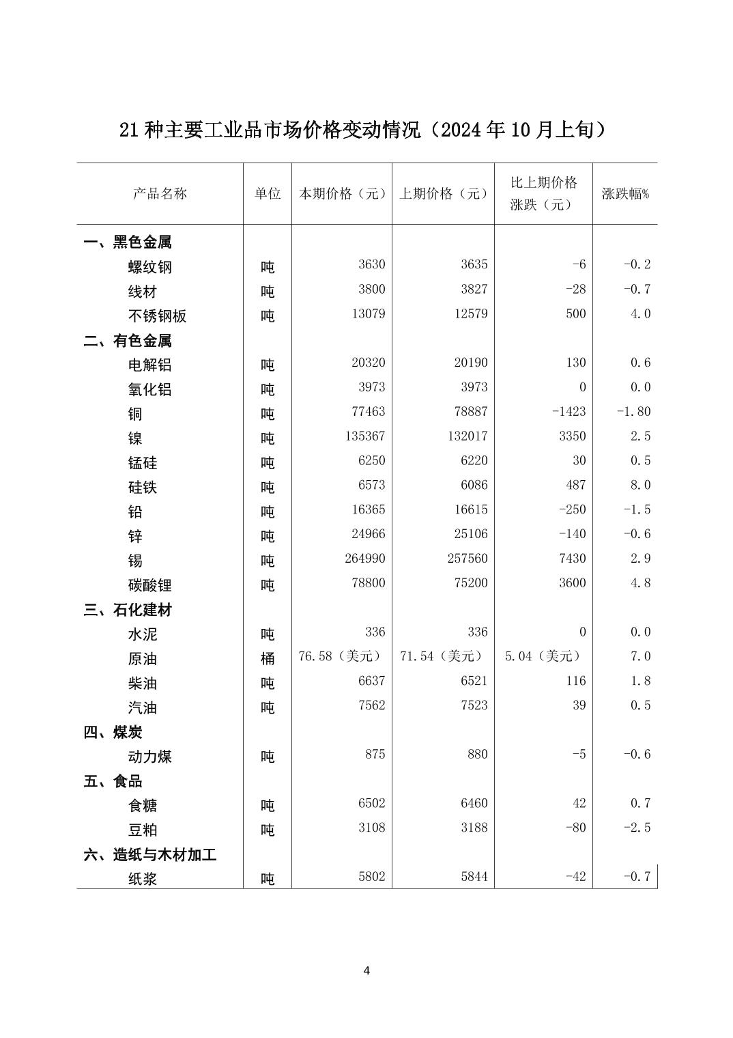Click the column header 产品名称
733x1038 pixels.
pyautogui.click(x=160, y=194)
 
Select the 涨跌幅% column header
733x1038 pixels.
pyautogui.click(x=625, y=194)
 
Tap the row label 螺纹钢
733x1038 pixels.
pyautogui.click(x=150, y=267)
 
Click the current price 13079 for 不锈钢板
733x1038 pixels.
pyautogui.click(x=368, y=314)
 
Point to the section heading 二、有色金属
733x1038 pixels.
pyautogui.click(x=128, y=341)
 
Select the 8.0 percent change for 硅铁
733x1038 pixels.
pyautogui.click(x=640, y=486)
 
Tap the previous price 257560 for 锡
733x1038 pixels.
pyautogui.click(x=468, y=559)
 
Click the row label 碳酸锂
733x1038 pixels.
pyautogui.click(x=150, y=585)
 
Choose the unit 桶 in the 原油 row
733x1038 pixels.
pyautogui.click(x=268, y=659)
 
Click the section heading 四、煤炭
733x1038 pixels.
pyautogui.click(x=113, y=733)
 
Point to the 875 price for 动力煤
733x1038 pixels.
pyautogui.click(x=375, y=755)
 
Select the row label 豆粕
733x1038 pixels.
pyautogui.click(x=143, y=830)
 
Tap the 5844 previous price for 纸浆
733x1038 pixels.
pyautogui.click(x=474, y=877)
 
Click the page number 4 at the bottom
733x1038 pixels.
pyautogui.click(x=366, y=971)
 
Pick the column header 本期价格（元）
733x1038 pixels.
pyautogui.click(x=342, y=194)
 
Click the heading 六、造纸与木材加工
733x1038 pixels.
pyautogui.click(x=150, y=855)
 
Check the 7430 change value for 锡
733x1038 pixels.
pyautogui.click(x=572, y=559)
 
